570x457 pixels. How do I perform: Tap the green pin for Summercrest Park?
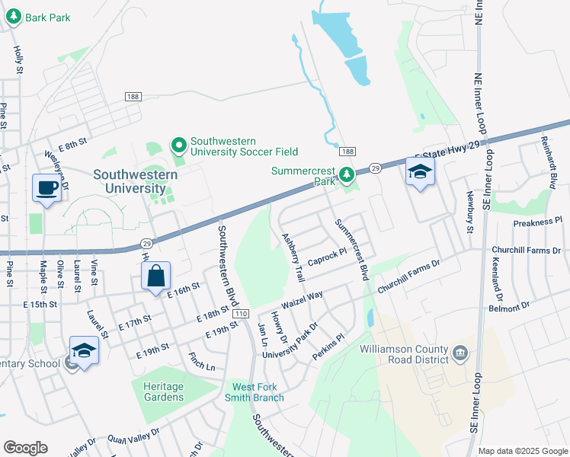347,176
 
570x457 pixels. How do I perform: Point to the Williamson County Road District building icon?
460,353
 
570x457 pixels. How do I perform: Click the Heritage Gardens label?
163,391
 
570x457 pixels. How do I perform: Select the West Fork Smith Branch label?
255,391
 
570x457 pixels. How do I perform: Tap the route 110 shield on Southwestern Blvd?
242,314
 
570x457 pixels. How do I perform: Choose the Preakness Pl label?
536,222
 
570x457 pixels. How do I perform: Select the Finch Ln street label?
201,366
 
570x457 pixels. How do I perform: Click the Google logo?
26,448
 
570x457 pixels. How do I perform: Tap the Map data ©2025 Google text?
522,451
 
